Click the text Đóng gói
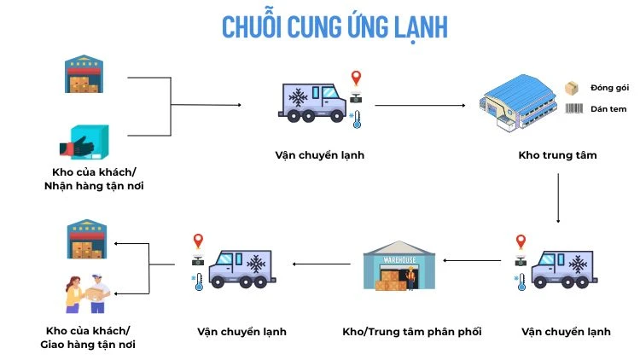pos(608,88)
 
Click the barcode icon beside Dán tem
pos(573,109)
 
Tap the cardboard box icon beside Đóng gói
pos(572,88)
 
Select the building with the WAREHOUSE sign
pos(399,265)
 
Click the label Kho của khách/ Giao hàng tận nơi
pos(90,337)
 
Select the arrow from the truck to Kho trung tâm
pos(419,105)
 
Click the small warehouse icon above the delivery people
pos(85,239)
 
